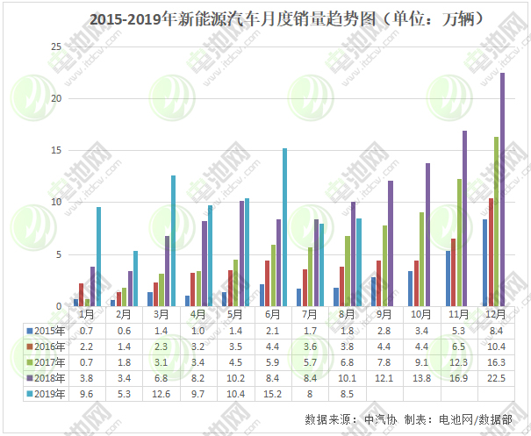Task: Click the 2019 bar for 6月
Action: [x=284, y=227]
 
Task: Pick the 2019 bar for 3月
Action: [x=173, y=240]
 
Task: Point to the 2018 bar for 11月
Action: [x=464, y=218]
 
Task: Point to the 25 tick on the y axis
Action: [x=56, y=46]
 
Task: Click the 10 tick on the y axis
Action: [x=56, y=203]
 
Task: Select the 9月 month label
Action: [x=384, y=313]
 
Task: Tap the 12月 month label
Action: [x=495, y=313]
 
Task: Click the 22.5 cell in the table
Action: [x=495, y=377]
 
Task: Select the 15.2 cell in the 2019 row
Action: [x=274, y=393]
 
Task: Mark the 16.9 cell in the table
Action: [x=458, y=377]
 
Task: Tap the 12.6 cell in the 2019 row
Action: [x=162, y=393]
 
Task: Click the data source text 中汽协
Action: [x=379, y=420]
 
